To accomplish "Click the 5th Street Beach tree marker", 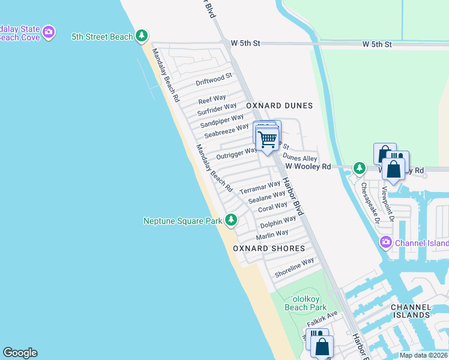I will point(142,37).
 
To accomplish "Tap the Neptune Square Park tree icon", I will point(231,221).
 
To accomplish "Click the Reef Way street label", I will point(212,98).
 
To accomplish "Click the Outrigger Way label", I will point(237,153).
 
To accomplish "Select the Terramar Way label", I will point(260,187).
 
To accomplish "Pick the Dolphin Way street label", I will point(278,222).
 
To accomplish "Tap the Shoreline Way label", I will point(294,267).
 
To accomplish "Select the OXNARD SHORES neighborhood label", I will point(269,248).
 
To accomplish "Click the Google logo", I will point(20,353).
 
